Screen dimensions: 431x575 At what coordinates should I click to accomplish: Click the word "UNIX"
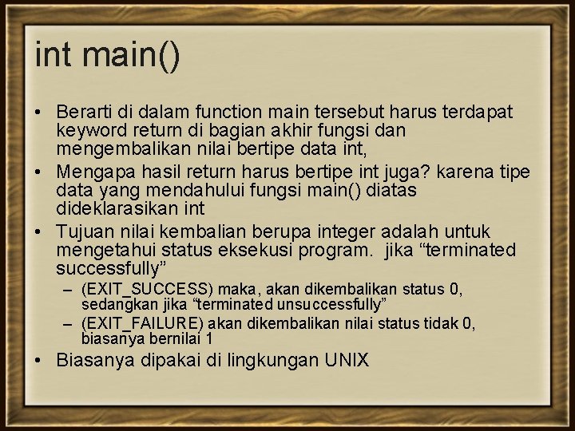tap(347, 360)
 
